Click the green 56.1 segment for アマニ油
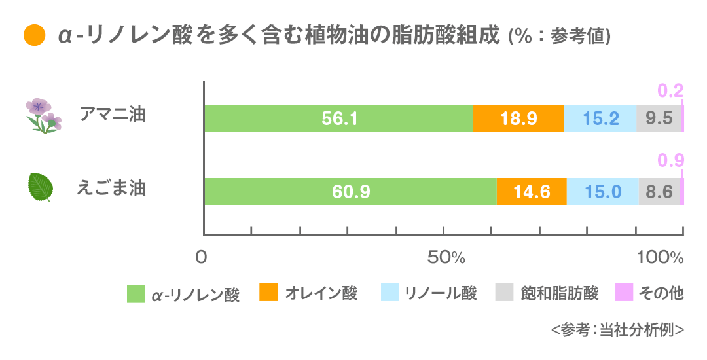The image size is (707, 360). coord(338,118)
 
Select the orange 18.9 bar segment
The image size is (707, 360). coord(518,118)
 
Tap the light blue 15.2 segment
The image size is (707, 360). coord(600,118)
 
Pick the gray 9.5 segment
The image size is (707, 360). coord(659,118)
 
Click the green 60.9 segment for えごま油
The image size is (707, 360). coord(350,191)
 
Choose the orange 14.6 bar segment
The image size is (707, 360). coord(532,191)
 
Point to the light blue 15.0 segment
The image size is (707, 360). coord(603,191)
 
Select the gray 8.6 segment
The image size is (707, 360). coord(659,191)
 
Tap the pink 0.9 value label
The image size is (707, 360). coord(670,161)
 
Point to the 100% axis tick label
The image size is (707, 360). coord(660,258)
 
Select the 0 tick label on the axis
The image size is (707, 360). coord(202,258)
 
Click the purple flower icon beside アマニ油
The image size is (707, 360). coord(43,116)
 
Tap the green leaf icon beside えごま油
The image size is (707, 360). coord(41,188)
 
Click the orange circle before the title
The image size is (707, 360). coord(33,35)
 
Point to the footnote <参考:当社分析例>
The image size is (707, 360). coord(617,331)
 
